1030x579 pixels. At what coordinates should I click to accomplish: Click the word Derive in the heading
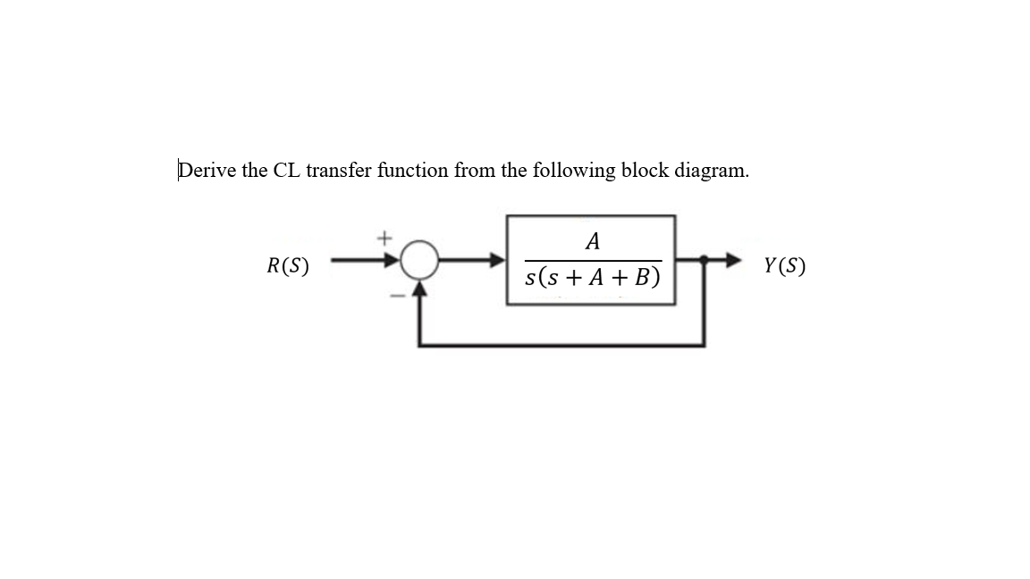[207, 170]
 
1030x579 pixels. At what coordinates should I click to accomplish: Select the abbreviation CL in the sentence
[287, 170]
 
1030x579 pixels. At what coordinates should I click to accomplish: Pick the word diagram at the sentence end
[713, 171]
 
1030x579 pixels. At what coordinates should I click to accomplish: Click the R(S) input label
[288, 265]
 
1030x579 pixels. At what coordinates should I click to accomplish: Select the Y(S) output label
[784, 265]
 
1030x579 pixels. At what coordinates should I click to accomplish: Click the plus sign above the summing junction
[384, 238]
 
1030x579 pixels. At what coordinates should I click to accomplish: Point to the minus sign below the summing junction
[395, 295]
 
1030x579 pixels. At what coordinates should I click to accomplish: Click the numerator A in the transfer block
[591, 241]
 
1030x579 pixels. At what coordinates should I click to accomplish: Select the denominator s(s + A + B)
[592, 278]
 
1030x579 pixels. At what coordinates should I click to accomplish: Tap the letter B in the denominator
[643, 278]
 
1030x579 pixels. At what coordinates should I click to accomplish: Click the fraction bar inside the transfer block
[592, 260]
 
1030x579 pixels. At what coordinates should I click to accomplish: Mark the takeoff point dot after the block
[705, 260]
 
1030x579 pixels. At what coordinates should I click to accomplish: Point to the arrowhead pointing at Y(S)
[734, 260]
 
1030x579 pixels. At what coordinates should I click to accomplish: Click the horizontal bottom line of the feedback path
[561, 345]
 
